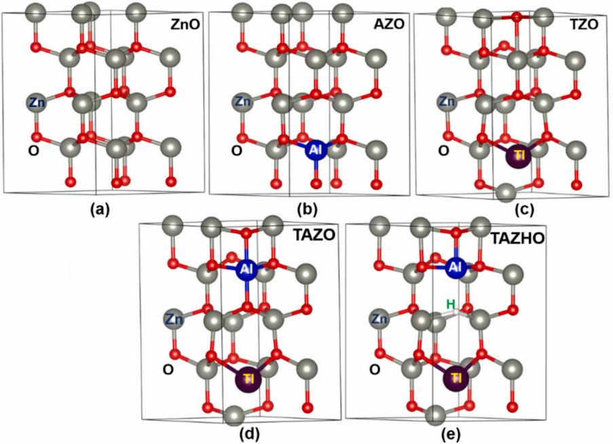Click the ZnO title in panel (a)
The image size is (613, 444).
tap(181, 26)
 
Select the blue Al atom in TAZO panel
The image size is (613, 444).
tap(248, 270)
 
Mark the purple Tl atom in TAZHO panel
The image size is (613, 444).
tap(456, 377)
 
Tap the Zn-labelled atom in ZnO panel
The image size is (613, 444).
tap(37, 103)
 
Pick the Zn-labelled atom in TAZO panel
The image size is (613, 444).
tap(174, 318)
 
